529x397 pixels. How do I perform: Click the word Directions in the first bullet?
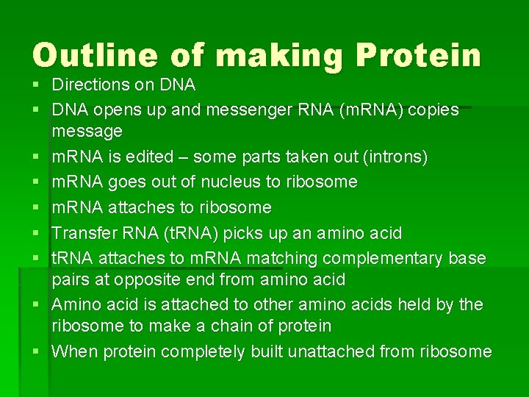tap(87, 85)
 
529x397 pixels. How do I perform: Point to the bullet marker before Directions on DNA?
tap(36, 85)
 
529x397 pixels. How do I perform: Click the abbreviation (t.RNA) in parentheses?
tap(184, 234)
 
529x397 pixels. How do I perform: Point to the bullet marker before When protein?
tap(36, 351)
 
